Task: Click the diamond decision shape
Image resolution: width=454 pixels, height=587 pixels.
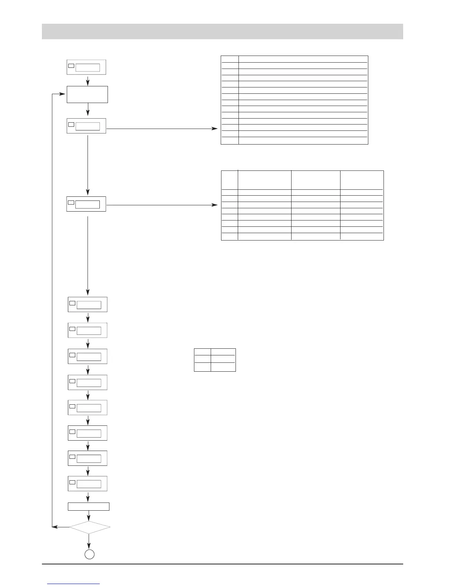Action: pyautogui.click(x=90, y=527)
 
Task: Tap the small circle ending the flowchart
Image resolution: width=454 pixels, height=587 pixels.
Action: pyautogui.click(x=89, y=554)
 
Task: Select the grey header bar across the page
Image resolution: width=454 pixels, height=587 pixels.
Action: pyautogui.click(x=222, y=31)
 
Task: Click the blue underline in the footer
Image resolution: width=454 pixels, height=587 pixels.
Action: pyautogui.click(x=74, y=584)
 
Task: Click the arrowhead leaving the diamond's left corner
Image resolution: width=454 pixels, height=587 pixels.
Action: pyautogui.click(x=54, y=527)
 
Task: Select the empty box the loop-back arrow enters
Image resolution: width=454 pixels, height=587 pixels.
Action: pyautogui.click(x=87, y=94)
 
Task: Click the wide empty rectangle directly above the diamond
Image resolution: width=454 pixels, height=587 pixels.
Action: pyautogui.click(x=89, y=506)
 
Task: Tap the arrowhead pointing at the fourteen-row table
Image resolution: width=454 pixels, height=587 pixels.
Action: pyautogui.click(x=215, y=129)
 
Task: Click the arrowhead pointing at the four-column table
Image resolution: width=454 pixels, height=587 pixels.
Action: pyautogui.click(x=215, y=205)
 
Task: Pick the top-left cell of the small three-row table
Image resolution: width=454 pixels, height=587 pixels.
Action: pyautogui.click(x=203, y=352)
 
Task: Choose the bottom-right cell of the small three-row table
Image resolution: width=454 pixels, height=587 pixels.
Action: pyautogui.click(x=223, y=367)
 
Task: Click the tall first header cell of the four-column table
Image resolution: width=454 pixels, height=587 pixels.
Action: pyautogui.click(x=229, y=180)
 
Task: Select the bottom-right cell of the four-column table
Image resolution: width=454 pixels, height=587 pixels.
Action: pyautogui.click(x=362, y=236)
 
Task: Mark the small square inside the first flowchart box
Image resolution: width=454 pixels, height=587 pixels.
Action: pyautogui.click(x=71, y=66)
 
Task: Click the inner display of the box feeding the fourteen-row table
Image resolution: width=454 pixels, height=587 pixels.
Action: pyautogui.click(x=88, y=126)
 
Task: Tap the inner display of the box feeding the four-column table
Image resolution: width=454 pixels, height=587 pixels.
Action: pyautogui.click(x=88, y=205)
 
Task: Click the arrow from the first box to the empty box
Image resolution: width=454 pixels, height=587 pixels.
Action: pyautogui.click(x=88, y=80)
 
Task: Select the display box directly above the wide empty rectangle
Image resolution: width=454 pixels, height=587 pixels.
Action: pyautogui.click(x=88, y=484)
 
